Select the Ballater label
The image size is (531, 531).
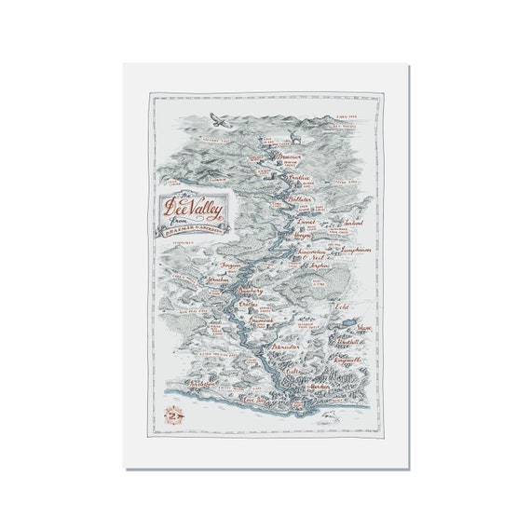301,199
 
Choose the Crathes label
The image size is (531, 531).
249,305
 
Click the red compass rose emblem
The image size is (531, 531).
174,414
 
